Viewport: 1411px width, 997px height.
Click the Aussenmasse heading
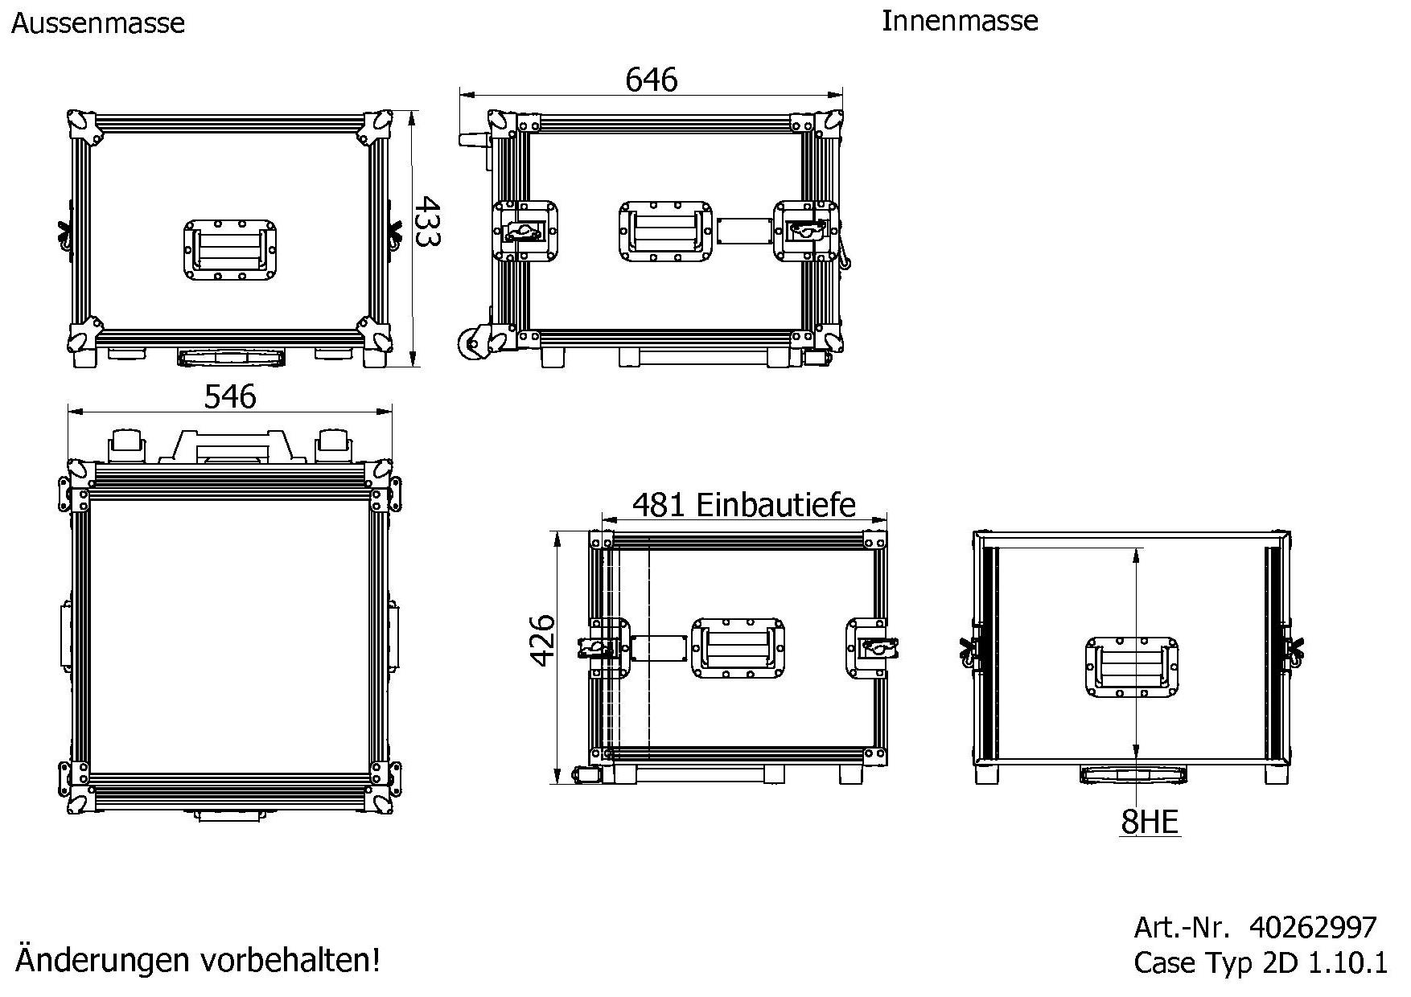coord(98,23)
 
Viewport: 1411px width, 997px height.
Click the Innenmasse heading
coord(959,21)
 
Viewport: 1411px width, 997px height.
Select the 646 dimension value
coord(651,80)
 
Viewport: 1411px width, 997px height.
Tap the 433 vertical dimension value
coord(427,222)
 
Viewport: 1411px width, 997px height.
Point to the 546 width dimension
coord(230,396)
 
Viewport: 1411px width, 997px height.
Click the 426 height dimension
coord(544,640)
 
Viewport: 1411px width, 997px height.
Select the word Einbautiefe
coord(775,505)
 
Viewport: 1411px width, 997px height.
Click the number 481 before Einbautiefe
coord(658,505)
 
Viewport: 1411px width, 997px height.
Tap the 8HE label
coord(1149,822)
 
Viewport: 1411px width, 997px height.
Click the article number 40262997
coord(1312,927)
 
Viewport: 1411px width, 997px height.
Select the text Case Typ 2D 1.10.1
coord(1260,962)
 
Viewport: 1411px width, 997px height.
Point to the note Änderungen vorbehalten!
coord(198,960)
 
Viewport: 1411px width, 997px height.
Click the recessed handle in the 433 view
coord(230,250)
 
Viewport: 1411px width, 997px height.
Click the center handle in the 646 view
coord(665,232)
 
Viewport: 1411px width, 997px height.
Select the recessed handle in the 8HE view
coord(1131,667)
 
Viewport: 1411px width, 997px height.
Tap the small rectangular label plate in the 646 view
coord(743,232)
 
